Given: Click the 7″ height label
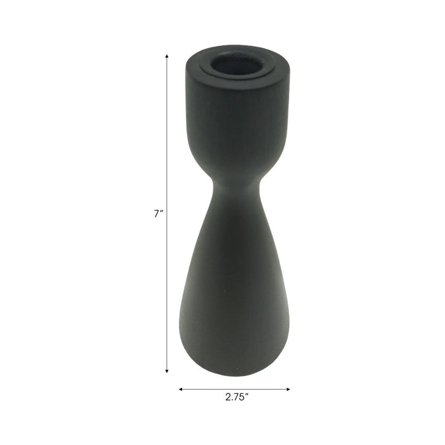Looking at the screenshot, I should coord(157,214).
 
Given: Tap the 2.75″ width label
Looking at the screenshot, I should coord(236,398).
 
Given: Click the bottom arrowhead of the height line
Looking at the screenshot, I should coord(167,370).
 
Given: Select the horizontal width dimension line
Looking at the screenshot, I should coord(234,389).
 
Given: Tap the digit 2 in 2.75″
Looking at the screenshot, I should coord(228,398).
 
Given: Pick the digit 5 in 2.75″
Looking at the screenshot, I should coord(243,398).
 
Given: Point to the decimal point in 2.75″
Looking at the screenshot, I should coord(232,400).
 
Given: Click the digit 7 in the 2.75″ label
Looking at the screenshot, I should coord(236,398).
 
